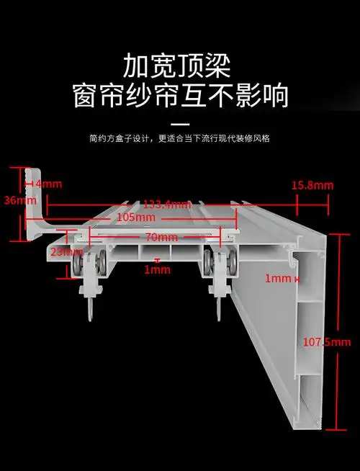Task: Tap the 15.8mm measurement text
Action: tap(312, 185)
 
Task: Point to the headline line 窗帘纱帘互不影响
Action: tap(180, 96)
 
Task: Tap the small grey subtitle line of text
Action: tap(180, 138)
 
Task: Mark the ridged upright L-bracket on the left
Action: tap(35, 205)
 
